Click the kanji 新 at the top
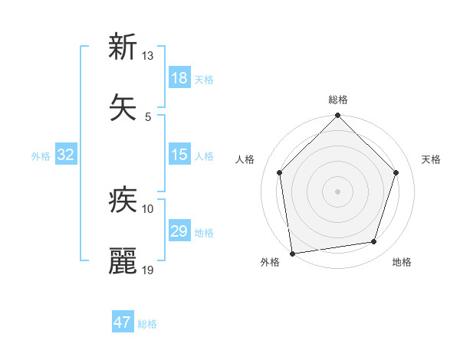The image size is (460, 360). [123, 47]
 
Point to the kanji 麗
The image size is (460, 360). [123, 260]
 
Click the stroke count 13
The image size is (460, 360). [148, 56]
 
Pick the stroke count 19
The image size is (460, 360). [148, 269]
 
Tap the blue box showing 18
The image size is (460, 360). [179, 78]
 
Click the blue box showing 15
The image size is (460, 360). [179, 155]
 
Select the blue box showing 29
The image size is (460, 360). [179, 231]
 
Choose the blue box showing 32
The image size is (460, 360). [66, 155]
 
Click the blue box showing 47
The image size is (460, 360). [123, 322]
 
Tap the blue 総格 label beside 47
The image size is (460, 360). [147, 324]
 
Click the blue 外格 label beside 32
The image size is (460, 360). [41, 156]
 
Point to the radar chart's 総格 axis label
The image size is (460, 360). [338, 100]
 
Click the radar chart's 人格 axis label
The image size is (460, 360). [245, 159]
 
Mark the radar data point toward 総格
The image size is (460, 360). [338, 116]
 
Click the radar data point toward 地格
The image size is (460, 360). [374, 242]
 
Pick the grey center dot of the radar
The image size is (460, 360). [338, 191]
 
